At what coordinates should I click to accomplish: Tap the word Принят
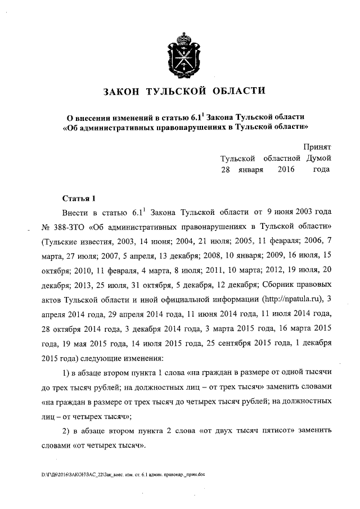[317, 145]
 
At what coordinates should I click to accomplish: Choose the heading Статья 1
[79, 198]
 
